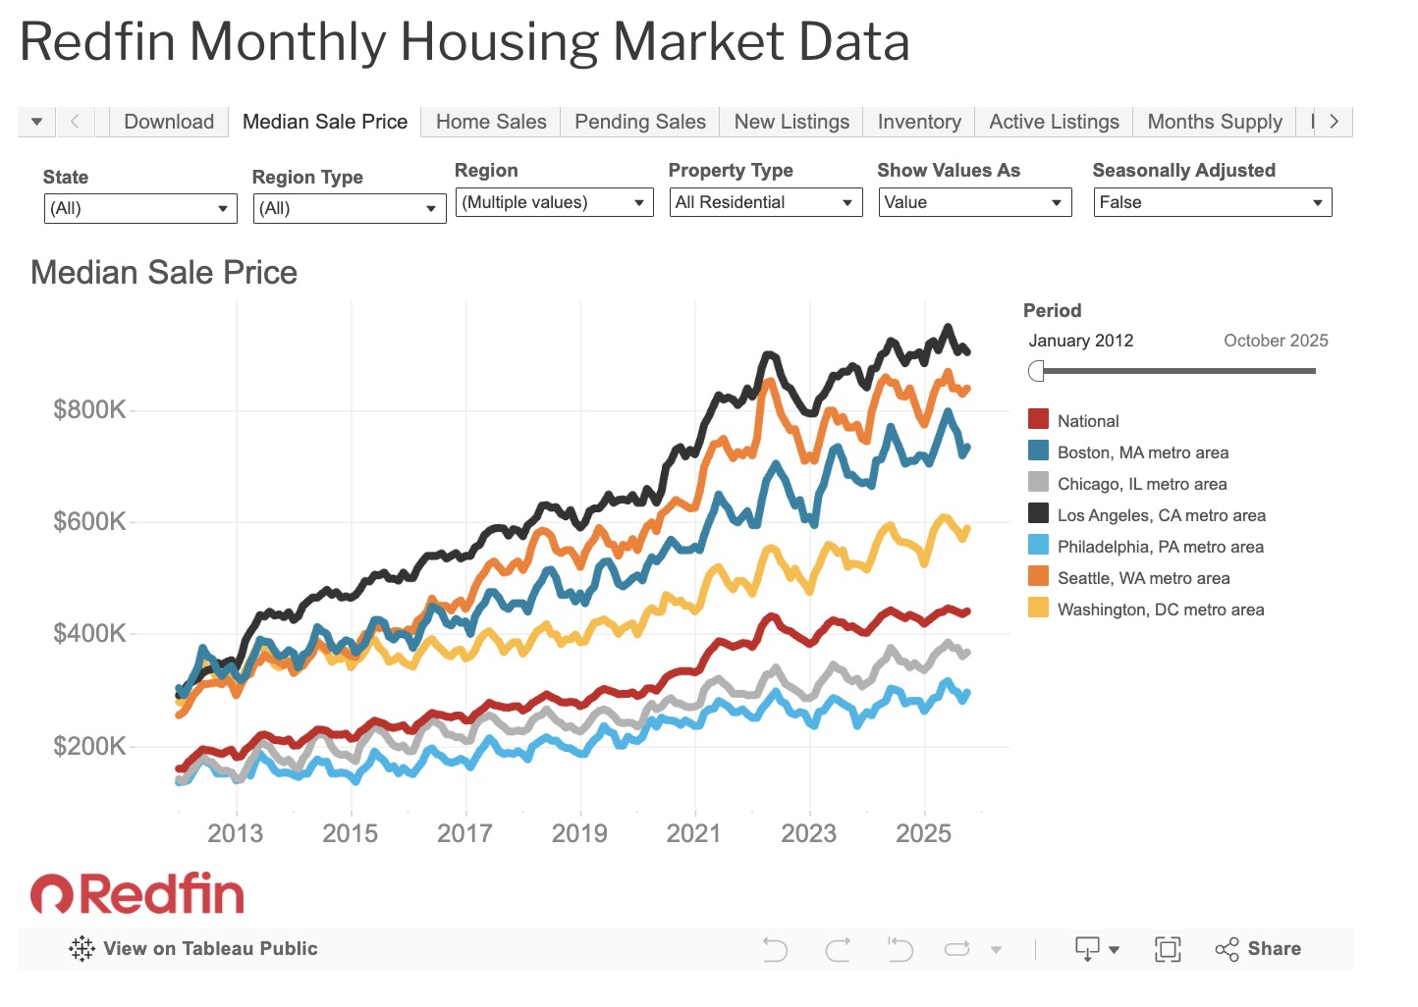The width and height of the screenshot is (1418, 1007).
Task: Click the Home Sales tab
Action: point(491,122)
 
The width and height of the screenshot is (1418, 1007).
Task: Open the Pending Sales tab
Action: point(639,122)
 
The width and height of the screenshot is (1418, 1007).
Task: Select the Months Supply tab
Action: point(1214,122)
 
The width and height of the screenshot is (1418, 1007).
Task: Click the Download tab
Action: point(169,122)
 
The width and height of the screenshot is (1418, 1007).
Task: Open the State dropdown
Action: point(140,208)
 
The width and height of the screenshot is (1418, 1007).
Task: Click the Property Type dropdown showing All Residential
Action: point(765,202)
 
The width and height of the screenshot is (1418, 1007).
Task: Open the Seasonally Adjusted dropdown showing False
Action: point(1212,202)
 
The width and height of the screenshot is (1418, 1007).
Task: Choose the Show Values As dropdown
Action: point(974,202)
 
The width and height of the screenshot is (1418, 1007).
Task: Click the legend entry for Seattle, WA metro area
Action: point(1143,578)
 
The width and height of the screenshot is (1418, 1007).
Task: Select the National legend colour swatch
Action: point(1038,420)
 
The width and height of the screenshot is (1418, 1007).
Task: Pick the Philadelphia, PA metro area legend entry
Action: point(1160,547)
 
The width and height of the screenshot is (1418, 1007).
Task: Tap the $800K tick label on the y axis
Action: point(89,409)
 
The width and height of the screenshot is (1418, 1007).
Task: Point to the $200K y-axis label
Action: point(89,746)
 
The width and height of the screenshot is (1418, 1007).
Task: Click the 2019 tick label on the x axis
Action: point(579,833)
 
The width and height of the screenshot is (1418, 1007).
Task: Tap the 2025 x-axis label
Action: point(923,833)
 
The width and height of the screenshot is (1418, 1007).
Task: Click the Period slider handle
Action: point(1036,371)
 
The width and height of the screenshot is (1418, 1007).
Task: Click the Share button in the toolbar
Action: point(1259,949)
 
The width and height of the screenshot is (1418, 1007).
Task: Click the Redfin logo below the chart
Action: point(137,893)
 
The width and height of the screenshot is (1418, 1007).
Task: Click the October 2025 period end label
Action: point(1275,341)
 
